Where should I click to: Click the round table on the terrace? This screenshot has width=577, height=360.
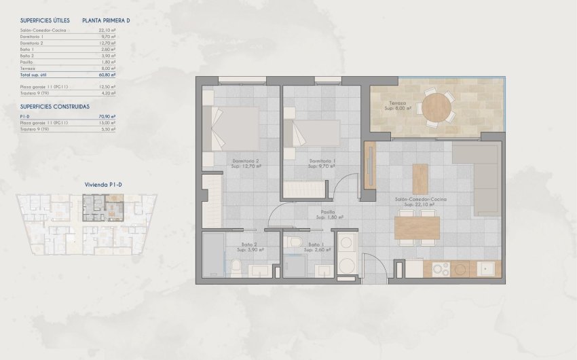click(x=435, y=106)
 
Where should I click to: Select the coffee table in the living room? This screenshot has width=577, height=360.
click(x=420, y=179)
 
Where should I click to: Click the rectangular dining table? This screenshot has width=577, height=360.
click(x=417, y=228)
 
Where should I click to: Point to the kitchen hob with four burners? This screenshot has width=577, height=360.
click(x=441, y=270)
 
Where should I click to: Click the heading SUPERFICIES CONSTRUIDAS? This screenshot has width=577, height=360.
click(x=55, y=107)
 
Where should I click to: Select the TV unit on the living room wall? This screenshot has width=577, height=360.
click(x=371, y=165)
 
